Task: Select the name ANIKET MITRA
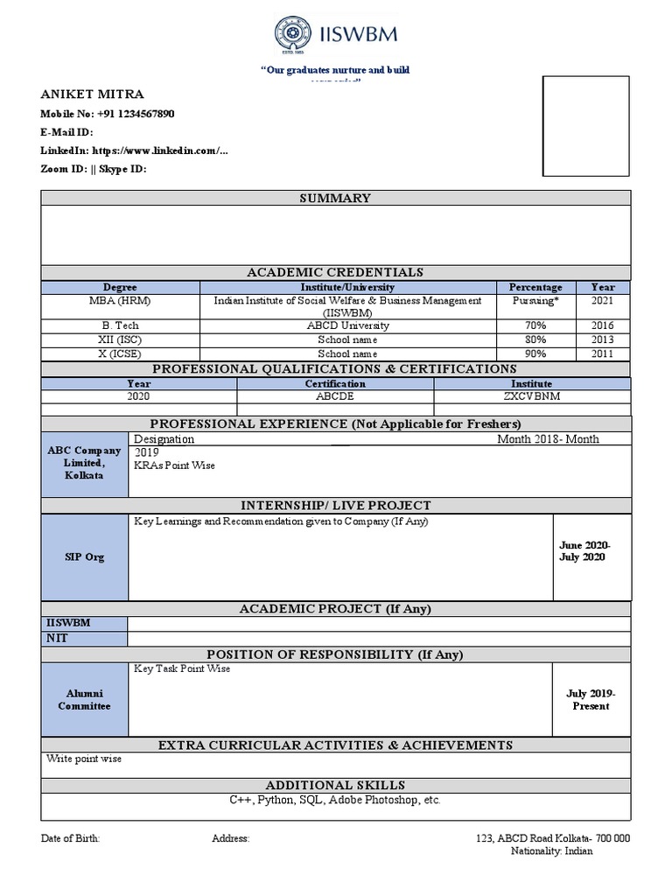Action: [x=93, y=94]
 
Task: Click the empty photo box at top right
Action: [x=586, y=126]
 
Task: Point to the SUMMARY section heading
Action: [x=335, y=199]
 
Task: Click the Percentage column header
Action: [x=535, y=287]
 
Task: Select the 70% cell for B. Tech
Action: [x=535, y=325]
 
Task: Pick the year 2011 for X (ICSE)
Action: [x=602, y=353]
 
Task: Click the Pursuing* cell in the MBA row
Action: [x=535, y=300]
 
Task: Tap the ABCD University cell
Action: [x=347, y=325]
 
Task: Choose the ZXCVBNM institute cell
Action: [x=531, y=396]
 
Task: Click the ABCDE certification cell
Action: [x=335, y=396]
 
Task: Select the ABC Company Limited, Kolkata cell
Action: [x=84, y=462]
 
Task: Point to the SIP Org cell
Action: [x=84, y=556]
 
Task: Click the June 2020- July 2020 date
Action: [x=584, y=551]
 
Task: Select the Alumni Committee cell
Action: [x=84, y=699]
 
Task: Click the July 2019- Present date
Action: [x=591, y=699]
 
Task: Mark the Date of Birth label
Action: [x=71, y=837]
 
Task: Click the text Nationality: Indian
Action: [x=551, y=851]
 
